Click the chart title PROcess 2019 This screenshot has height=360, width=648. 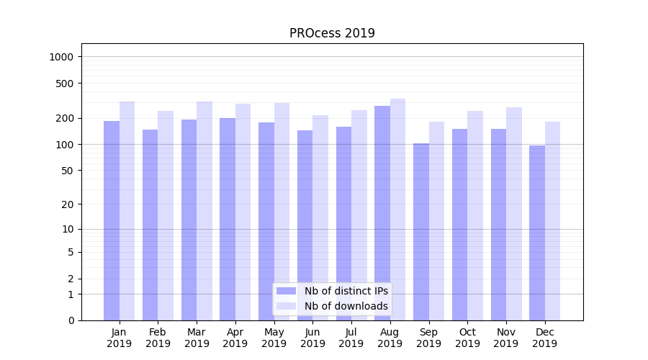pos(332,33)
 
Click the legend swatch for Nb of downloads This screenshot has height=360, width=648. pos(286,306)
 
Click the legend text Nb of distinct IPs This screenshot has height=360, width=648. pos(346,291)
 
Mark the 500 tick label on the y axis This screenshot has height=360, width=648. pos(66,84)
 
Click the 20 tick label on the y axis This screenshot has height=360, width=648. pos(68,204)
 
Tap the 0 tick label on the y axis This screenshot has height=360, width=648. pos(71,320)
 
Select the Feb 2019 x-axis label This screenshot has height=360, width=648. pos(158,338)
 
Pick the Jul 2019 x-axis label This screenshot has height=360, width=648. pos(351,338)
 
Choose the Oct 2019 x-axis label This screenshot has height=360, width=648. pos(467,338)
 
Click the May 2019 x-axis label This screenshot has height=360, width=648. pos(274,338)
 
